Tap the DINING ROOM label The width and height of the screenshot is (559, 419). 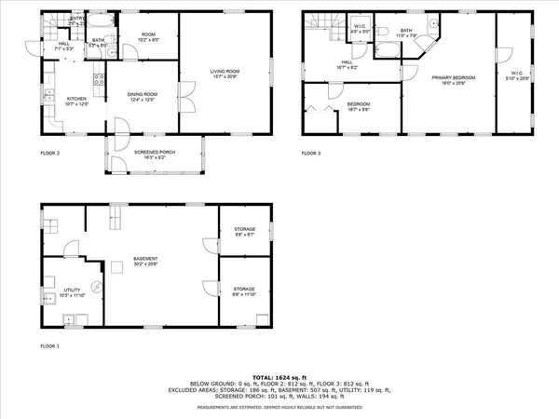[136, 98]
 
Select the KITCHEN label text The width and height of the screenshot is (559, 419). [75, 100]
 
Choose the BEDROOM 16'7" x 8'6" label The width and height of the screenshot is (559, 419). [359, 106]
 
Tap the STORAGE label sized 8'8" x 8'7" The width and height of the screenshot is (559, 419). [243, 234]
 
